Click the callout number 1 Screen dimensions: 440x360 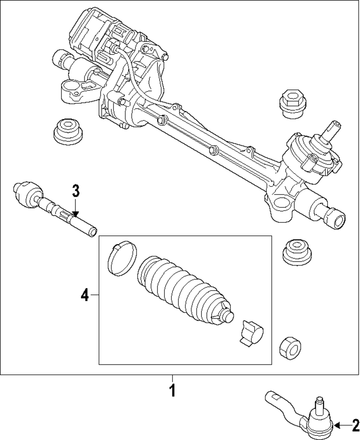coord(172,390)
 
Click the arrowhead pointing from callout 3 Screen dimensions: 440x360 coord(75,214)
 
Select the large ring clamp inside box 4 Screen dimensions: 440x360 coord(122,259)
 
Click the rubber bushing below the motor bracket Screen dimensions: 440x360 coord(67,131)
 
